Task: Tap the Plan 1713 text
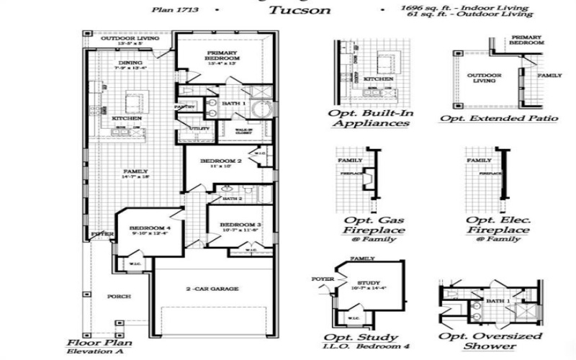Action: point(174,11)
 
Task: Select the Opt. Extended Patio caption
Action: point(491,117)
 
